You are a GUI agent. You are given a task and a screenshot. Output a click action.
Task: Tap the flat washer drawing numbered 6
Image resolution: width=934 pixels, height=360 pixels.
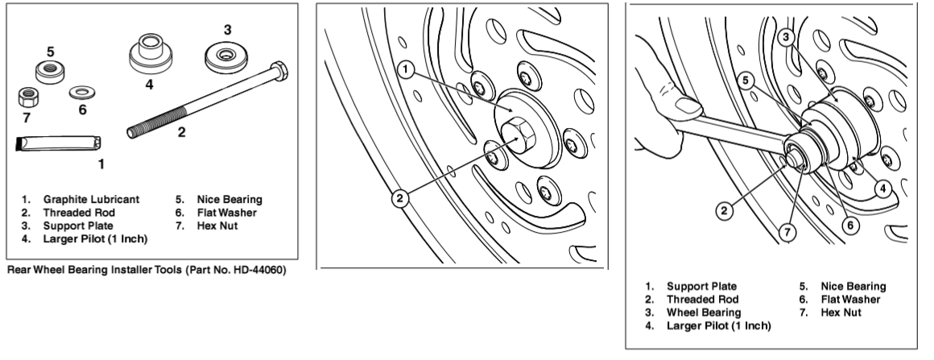(x=81, y=91)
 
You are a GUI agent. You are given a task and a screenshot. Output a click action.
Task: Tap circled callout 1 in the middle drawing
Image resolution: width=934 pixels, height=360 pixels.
(x=408, y=71)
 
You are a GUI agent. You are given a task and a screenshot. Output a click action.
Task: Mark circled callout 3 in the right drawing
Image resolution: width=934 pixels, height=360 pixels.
(x=787, y=36)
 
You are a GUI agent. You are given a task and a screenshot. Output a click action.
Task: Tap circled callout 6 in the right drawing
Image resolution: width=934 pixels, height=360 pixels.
(x=849, y=226)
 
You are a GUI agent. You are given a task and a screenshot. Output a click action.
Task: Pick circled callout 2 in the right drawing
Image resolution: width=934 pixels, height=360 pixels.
(x=725, y=212)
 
